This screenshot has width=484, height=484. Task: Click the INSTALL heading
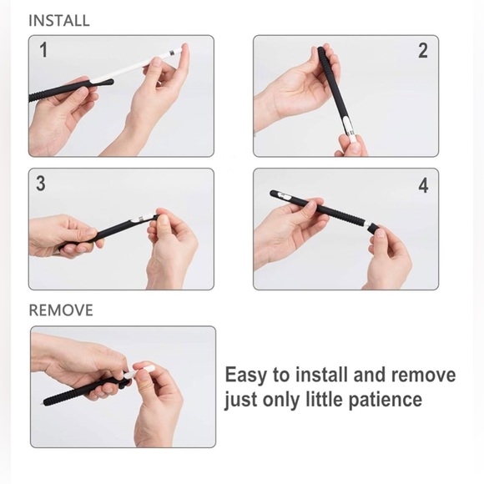pos(59,20)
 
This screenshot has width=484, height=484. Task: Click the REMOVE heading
pos(61,310)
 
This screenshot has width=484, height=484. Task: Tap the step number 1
pos(43,51)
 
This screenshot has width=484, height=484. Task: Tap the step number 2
pos(422,51)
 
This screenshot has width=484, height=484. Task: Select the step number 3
pos(41,184)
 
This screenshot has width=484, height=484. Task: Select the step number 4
pos(423,185)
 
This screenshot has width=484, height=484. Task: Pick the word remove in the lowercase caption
pos(425,375)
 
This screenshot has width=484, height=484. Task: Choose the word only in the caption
pos(282,401)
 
